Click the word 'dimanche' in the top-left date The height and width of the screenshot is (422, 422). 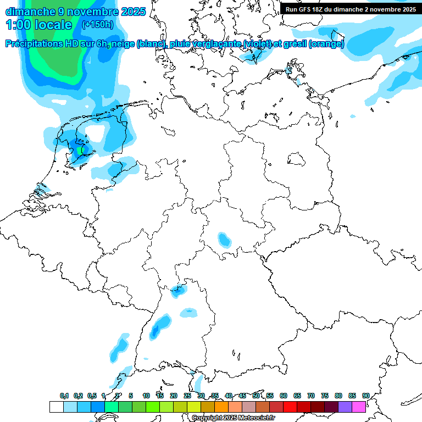pyautogui.click(x=30, y=11)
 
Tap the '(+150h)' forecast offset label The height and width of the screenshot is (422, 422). pyautogui.click(x=97, y=24)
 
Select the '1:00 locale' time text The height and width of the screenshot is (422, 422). pyautogui.click(x=38, y=25)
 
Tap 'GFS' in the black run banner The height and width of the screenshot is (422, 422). pyautogui.click(x=306, y=9)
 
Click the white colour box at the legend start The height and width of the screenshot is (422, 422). pyautogui.click(x=56, y=407)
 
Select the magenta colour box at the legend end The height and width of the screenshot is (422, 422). pyautogui.click(x=359, y=407)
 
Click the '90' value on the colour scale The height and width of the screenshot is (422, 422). pyautogui.click(x=365, y=396)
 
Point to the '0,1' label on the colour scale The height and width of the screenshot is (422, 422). pyautogui.click(x=64, y=396)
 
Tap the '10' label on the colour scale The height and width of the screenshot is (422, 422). pyautogui.click(x=146, y=396)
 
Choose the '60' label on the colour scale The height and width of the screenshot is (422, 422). pyautogui.click(x=283, y=396)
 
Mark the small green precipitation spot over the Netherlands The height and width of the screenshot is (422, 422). pyautogui.click(x=81, y=149)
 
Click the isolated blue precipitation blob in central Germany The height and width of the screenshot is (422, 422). pyautogui.click(x=224, y=240)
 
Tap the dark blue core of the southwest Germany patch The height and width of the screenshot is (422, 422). pyautogui.click(x=156, y=330)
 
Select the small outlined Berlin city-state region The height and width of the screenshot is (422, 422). pyautogui.click(x=297, y=159)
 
